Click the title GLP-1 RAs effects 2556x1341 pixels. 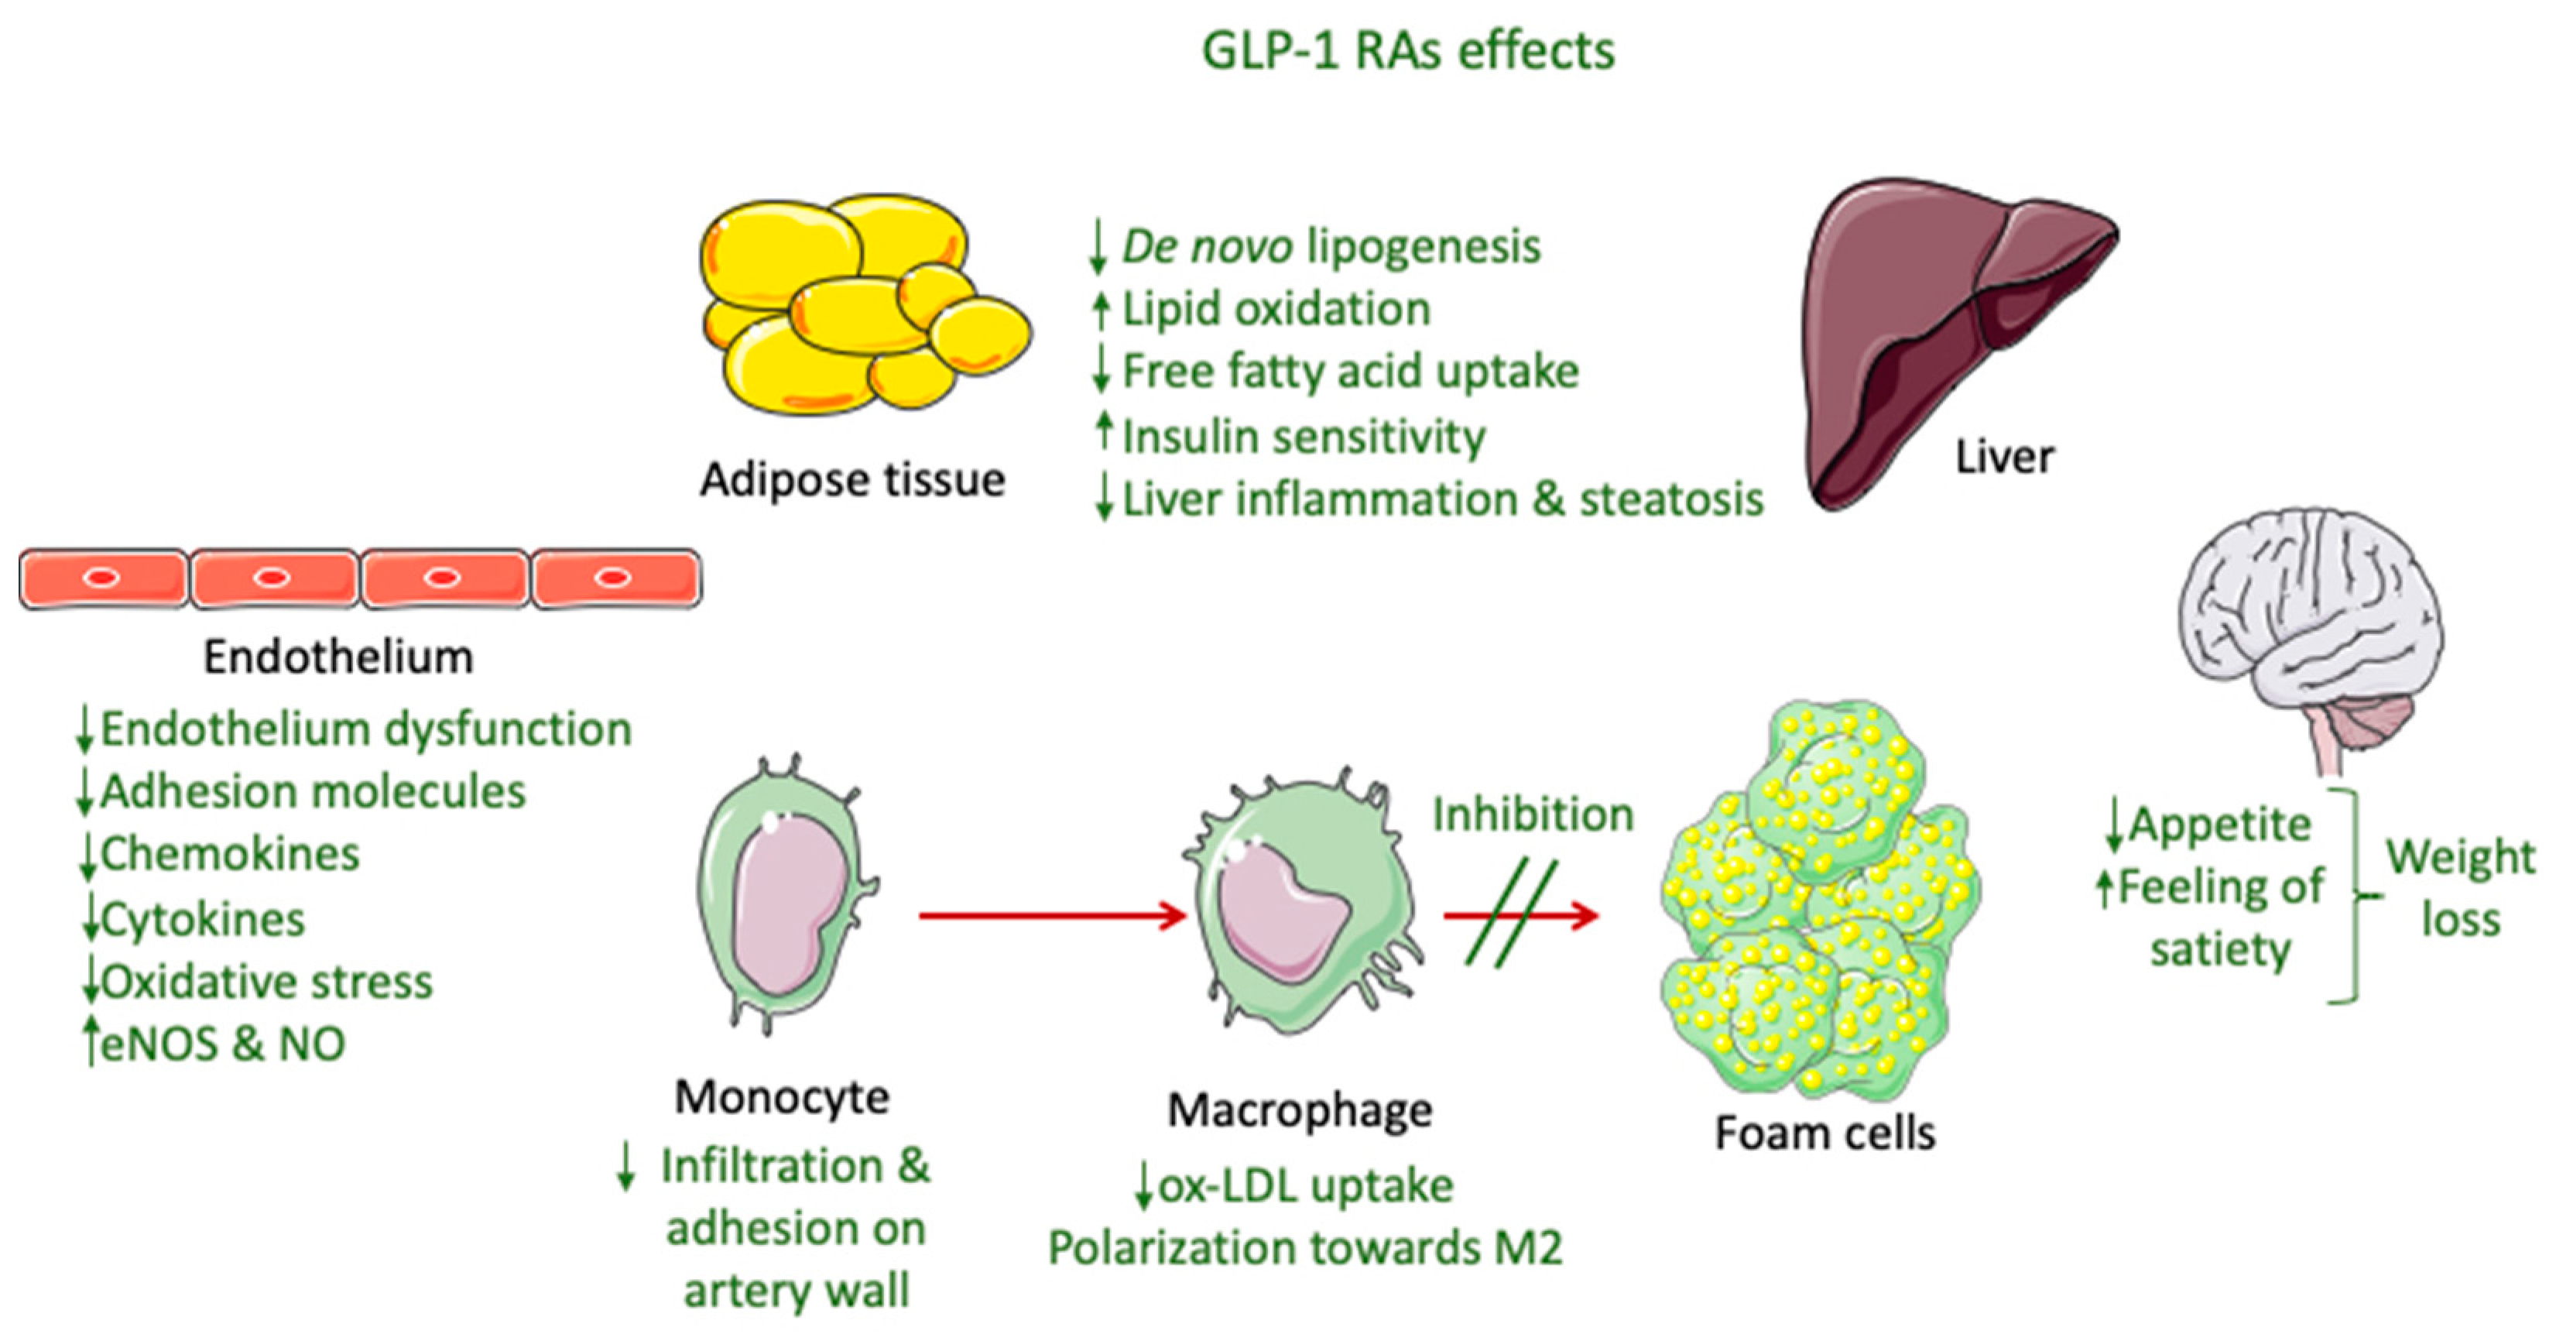[x=1407, y=52]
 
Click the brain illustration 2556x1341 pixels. [x=2312, y=626]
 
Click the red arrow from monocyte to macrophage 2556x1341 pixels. [x=1052, y=915]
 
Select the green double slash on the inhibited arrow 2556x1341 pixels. [x=1510, y=913]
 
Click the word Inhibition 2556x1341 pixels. [x=1532, y=815]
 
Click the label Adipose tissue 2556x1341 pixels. [x=852, y=480]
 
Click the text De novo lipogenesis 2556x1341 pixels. [x=1330, y=246]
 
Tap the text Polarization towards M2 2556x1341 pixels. [x=1305, y=1247]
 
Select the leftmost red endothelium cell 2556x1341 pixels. [x=103, y=578]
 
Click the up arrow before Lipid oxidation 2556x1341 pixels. [x=1099, y=309]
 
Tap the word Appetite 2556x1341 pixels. [x=2219, y=825]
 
